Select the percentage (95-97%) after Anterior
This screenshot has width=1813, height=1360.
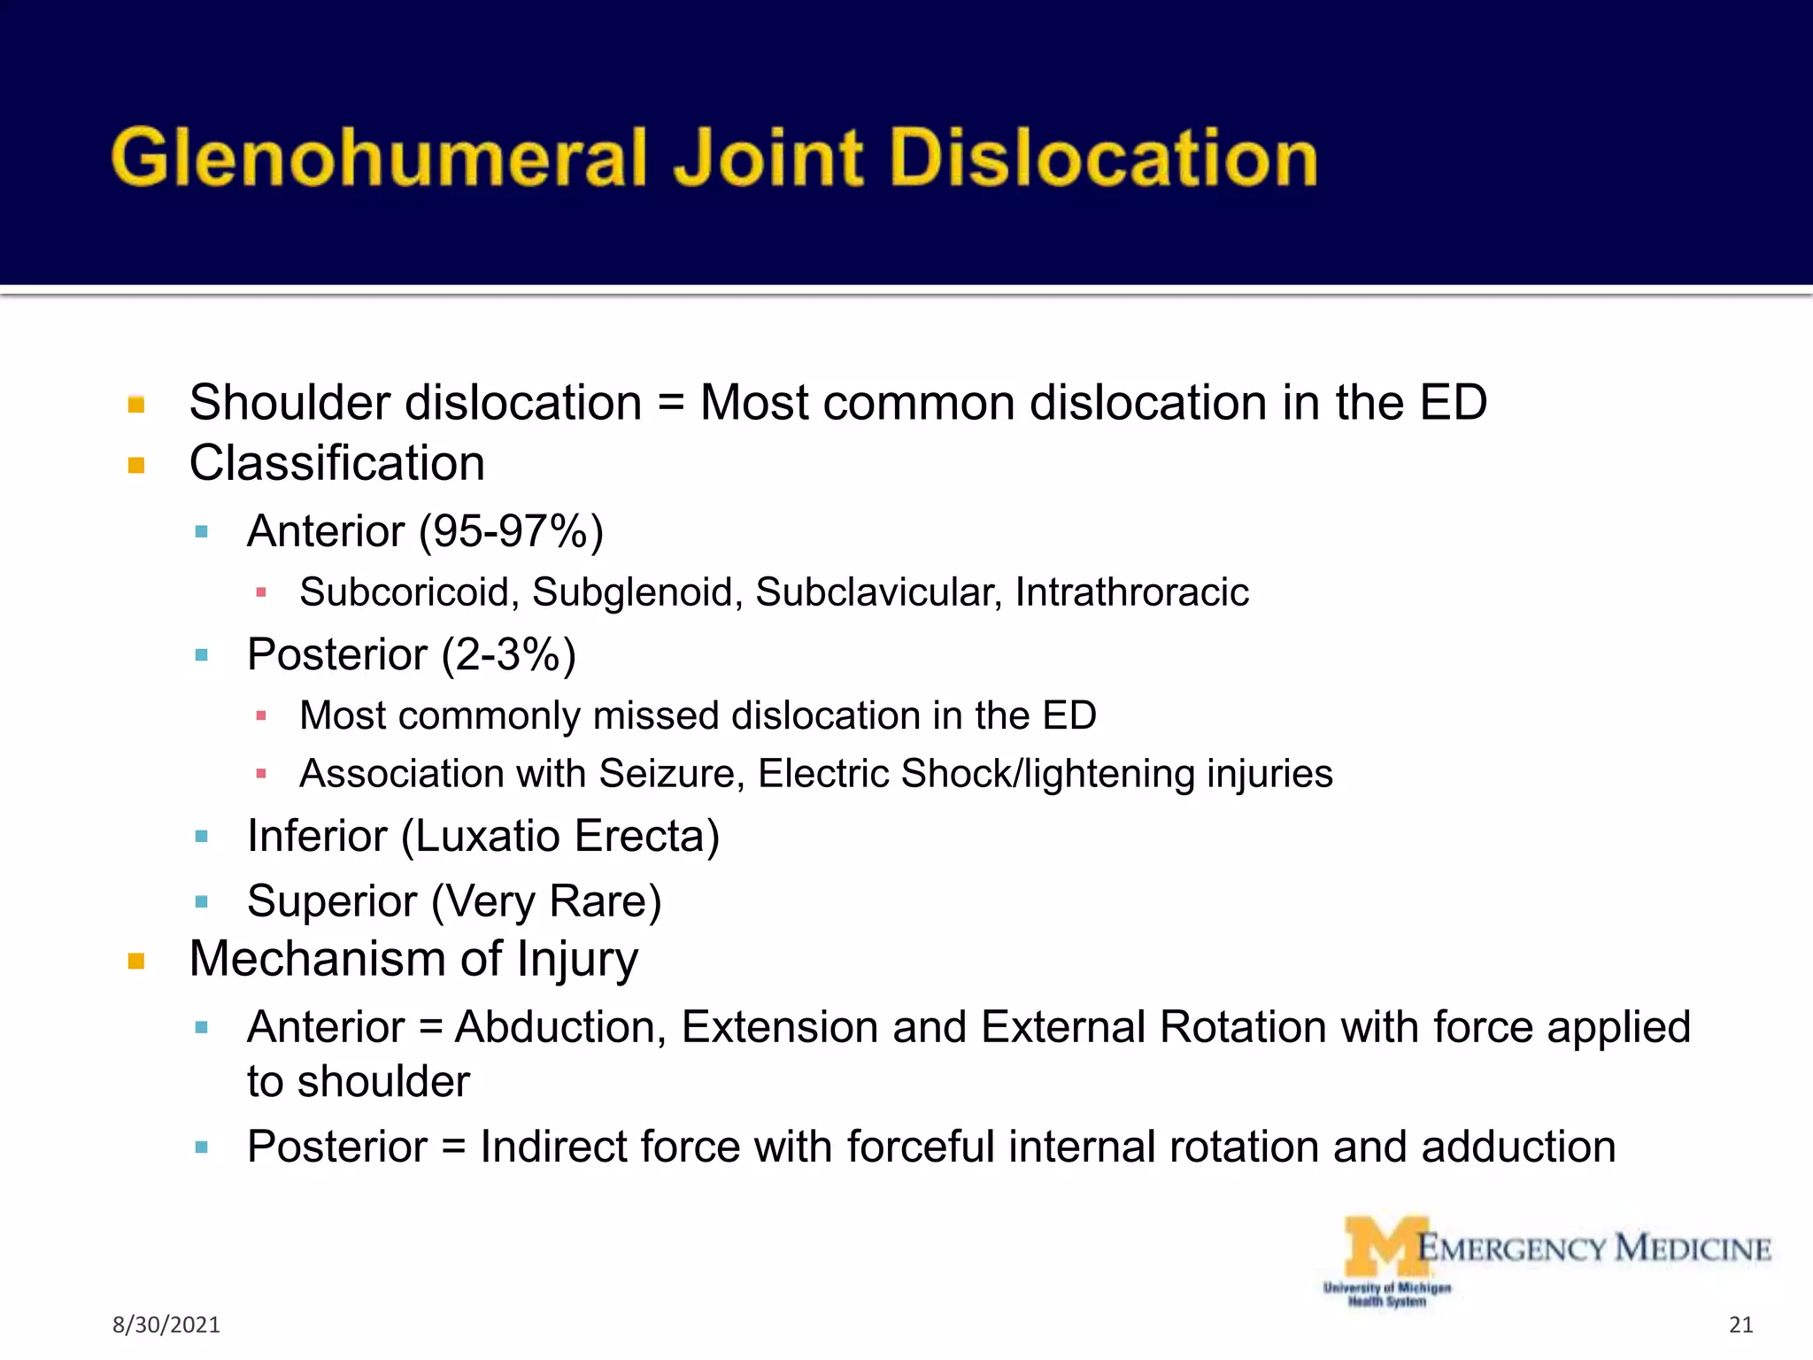pos(512,531)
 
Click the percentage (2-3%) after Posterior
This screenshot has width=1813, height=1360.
pos(509,655)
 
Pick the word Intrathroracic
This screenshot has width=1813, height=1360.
pos(1131,592)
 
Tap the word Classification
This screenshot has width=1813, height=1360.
pos(337,463)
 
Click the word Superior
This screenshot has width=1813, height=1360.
pos(332,901)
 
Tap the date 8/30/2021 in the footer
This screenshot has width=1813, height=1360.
pos(166,1325)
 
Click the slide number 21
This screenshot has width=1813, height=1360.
pos(1740,1325)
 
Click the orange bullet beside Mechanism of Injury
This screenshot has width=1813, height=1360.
pos(136,962)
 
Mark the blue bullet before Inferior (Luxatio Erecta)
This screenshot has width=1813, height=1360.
pos(202,837)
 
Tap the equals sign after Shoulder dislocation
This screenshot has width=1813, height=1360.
pos(671,404)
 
